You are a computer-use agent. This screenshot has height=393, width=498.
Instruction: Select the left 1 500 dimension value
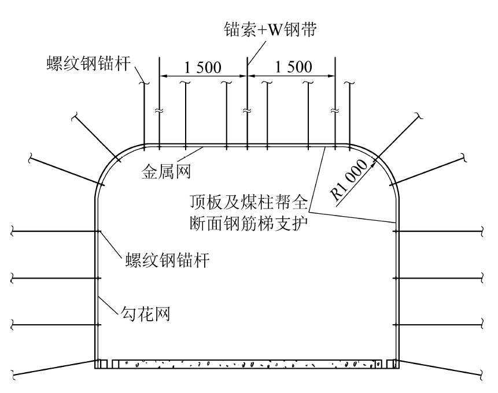[202, 67]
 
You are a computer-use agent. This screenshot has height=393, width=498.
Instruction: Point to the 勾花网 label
[147, 316]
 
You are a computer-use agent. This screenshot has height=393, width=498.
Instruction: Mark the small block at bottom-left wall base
[101, 364]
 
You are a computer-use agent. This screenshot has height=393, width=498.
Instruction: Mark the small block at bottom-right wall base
[392, 364]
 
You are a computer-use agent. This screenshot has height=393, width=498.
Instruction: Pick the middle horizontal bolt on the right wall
[440, 279]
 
